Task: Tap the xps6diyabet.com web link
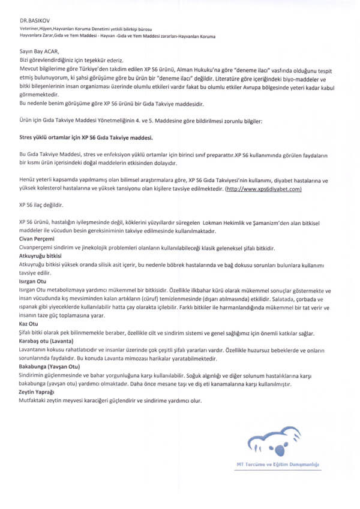tap(263, 189)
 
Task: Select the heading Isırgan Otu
tap(36, 280)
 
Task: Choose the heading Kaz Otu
tap(29, 323)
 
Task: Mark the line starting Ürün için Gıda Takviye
tap(123, 122)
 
